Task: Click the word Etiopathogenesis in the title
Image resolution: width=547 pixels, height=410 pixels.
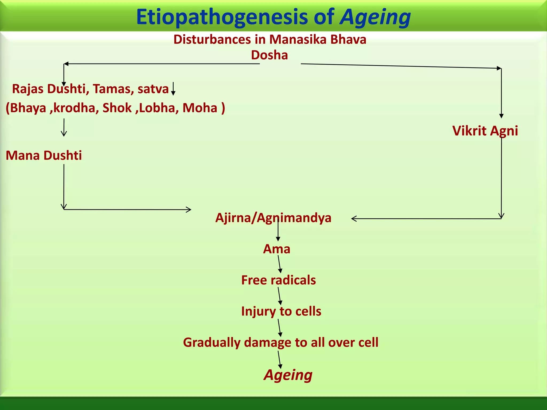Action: coord(222,17)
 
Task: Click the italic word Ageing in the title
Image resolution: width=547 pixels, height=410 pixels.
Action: coord(375,17)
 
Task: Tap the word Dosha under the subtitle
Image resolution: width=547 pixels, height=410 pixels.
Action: coord(269,55)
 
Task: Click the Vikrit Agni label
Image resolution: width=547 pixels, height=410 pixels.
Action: coord(485,131)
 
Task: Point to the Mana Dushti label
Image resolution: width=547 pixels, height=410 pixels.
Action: coord(44,155)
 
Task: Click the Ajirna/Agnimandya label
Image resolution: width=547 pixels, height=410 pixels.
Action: coord(273,218)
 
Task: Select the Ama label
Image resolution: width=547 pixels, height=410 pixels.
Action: coord(276,249)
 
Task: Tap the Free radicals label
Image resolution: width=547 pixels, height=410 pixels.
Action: coord(278,280)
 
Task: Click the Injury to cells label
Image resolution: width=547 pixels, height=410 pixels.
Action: coord(281,311)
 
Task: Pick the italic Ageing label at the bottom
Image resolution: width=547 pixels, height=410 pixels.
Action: coord(288,375)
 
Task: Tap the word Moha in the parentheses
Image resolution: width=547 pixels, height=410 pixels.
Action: coord(200,108)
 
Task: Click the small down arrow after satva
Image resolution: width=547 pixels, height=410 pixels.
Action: coord(173,89)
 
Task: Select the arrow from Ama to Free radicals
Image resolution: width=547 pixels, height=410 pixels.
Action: coord(279,264)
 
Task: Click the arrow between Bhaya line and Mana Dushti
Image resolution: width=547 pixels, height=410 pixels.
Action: coord(64,128)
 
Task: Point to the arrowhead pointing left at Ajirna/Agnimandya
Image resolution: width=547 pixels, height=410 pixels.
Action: coord(354,219)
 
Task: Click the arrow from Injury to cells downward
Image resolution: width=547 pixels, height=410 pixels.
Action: coord(279,328)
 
